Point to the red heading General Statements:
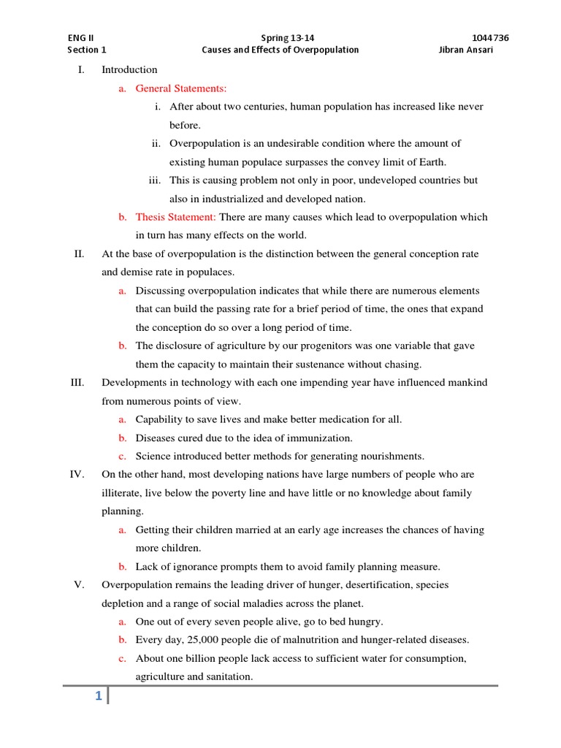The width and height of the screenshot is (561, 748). click(181, 88)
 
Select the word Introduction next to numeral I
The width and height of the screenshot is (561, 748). click(129, 70)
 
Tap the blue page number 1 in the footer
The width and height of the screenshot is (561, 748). click(97, 697)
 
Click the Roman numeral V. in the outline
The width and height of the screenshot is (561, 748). click(80, 585)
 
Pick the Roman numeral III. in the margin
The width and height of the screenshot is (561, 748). click(77, 383)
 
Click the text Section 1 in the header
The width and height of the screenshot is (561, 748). click(87, 50)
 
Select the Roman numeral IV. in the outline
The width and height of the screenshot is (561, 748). click(78, 475)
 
